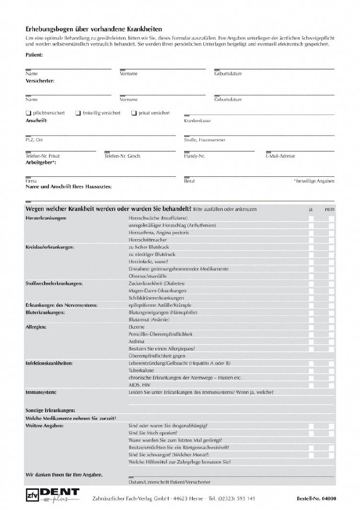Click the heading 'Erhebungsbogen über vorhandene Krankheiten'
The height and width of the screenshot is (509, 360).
click(x=93, y=29)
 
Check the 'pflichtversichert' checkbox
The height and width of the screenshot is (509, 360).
click(x=28, y=113)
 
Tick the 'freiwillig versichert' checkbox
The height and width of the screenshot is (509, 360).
click(x=78, y=113)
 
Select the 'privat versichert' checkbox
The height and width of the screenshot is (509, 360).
click(x=134, y=113)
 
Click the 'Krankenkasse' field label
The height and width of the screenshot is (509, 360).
click(x=197, y=121)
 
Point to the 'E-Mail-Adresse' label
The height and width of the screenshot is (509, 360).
click(x=280, y=156)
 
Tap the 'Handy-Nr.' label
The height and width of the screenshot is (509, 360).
click(x=194, y=156)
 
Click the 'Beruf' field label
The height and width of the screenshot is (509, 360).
click(x=189, y=181)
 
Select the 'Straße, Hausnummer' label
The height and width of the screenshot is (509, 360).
click(x=204, y=140)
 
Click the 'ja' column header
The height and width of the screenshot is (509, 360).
click(x=311, y=209)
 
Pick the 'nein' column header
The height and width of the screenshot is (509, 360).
click(x=329, y=209)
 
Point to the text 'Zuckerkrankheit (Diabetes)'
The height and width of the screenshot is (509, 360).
click(x=156, y=283)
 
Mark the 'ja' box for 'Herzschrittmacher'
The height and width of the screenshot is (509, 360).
click(x=311, y=240)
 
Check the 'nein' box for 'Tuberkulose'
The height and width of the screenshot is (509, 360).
click(x=331, y=370)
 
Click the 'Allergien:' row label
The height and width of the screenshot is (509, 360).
click(x=35, y=327)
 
